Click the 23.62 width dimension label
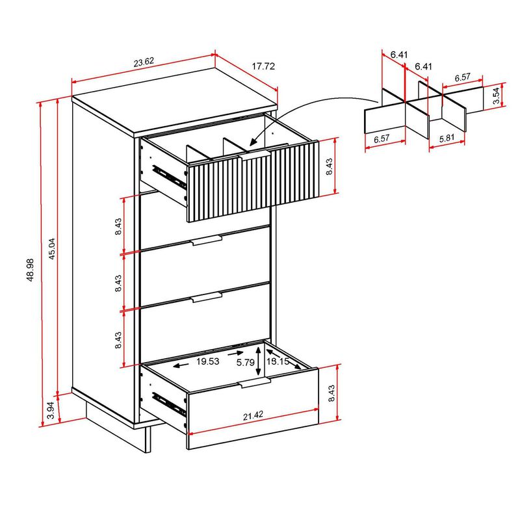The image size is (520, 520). pos(144,63)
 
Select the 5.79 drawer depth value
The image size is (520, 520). pos(245,361)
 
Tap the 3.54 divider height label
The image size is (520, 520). pos(496,96)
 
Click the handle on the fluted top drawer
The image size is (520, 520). pos(255,154)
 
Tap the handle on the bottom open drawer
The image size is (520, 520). pos(255,385)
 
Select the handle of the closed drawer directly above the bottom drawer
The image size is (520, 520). pos(207,298)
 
